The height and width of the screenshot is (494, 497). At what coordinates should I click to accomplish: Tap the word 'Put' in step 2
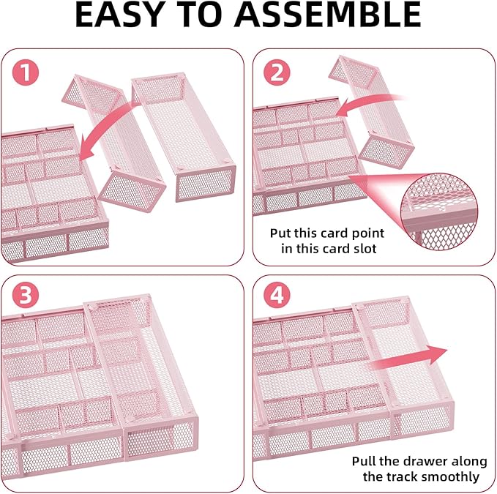(x=281, y=233)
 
